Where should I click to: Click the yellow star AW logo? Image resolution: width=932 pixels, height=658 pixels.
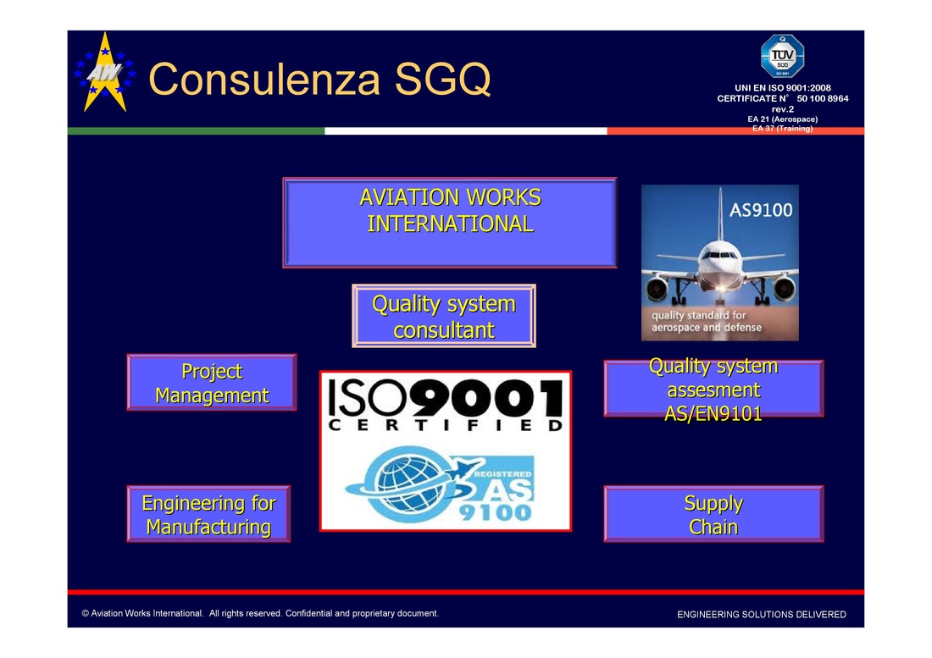point(105,72)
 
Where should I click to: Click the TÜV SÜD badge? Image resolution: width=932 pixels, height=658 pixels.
point(782,57)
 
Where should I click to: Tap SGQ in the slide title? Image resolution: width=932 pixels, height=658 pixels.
point(443,79)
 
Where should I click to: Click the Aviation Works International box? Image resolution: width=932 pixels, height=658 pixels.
point(450,223)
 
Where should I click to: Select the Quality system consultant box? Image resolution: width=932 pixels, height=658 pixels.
point(444,316)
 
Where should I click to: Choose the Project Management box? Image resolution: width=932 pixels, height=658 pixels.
point(212,383)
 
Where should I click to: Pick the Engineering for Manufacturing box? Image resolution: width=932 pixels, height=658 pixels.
point(208,514)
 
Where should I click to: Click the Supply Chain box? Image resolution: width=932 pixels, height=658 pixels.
point(714,514)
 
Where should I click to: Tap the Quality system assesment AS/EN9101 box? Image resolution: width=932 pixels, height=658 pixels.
point(714,389)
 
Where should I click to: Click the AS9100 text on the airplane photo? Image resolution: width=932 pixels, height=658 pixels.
point(761,210)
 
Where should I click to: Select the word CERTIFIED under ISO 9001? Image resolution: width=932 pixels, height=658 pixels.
point(446,425)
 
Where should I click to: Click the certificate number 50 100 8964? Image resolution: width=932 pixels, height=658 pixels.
point(823,98)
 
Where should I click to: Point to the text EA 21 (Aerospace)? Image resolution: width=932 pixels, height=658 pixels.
point(783,119)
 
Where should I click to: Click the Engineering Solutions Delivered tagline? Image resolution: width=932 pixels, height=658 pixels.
point(762,615)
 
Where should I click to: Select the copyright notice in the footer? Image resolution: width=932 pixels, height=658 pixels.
point(260,613)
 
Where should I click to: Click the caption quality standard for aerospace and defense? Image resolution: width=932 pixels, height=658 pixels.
point(706,321)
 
